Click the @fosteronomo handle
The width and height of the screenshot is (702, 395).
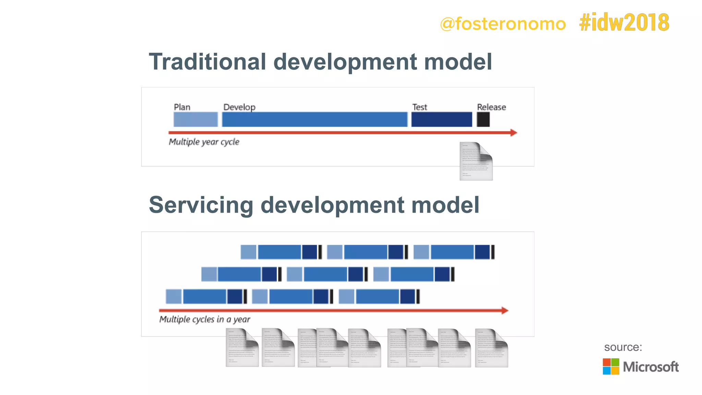click(x=503, y=24)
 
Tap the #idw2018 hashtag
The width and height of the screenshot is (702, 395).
click(x=624, y=23)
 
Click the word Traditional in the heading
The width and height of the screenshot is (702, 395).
click(x=207, y=62)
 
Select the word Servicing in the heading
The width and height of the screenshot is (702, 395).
click(x=201, y=205)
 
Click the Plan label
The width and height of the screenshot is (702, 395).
click(x=182, y=107)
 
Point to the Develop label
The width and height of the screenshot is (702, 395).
click(x=239, y=107)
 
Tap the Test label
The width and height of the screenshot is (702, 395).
click(x=420, y=107)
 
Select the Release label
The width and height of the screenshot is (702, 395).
click(x=491, y=107)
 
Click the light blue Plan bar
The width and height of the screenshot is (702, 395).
click(x=195, y=120)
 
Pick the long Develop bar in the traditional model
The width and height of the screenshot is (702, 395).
click(x=314, y=120)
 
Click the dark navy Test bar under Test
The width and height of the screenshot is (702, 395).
click(x=441, y=120)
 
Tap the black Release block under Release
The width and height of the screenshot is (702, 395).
click(x=483, y=120)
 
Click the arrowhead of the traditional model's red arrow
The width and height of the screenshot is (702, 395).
click(x=513, y=133)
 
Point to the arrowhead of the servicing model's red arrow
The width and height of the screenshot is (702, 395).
click(x=505, y=311)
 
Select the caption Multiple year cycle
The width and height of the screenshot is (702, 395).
click(x=204, y=142)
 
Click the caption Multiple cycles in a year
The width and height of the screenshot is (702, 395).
click(x=205, y=320)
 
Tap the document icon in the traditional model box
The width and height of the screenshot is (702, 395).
click(x=476, y=161)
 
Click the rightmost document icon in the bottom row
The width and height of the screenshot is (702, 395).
click(x=491, y=348)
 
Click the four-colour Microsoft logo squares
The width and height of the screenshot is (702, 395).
click(x=611, y=367)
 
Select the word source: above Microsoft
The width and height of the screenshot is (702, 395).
click(x=623, y=347)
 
